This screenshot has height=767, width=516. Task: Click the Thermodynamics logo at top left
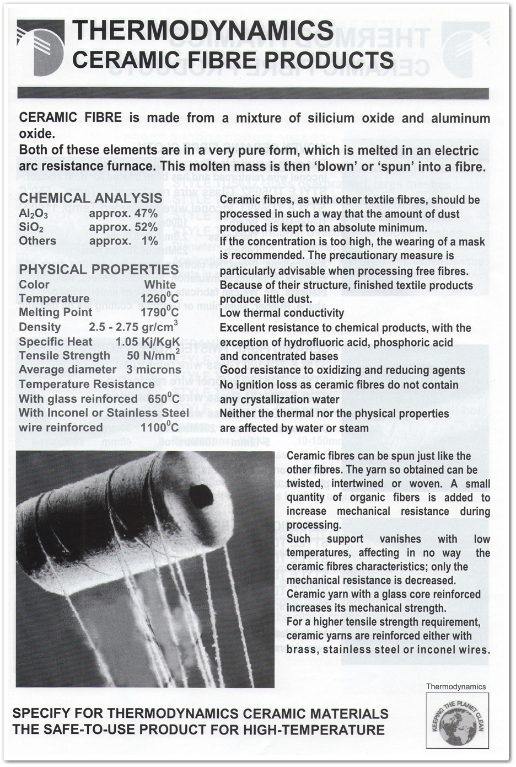pyautogui.click(x=40, y=47)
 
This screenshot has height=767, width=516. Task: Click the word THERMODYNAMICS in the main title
pyautogui.click(x=203, y=30)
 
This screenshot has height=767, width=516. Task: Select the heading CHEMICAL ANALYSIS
pyautogui.click(x=90, y=198)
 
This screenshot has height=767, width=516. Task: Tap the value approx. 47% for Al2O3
pyautogui.click(x=123, y=213)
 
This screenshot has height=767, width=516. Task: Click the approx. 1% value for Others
pyautogui.click(x=123, y=241)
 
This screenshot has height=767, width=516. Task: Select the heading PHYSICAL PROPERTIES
pyautogui.click(x=99, y=269)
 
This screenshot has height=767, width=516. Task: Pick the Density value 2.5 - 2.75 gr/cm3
pyautogui.click(x=133, y=326)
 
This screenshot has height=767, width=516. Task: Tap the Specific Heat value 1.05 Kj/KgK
pyautogui.click(x=148, y=342)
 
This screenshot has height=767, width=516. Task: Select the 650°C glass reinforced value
pyautogui.click(x=159, y=398)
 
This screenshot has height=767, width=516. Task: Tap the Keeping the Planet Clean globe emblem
pyautogui.click(x=457, y=721)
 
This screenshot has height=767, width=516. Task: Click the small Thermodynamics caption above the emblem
pyautogui.click(x=456, y=686)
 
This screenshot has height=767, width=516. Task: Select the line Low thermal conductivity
pyautogui.click(x=282, y=313)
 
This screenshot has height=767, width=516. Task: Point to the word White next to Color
pyautogui.click(x=159, y=284)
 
